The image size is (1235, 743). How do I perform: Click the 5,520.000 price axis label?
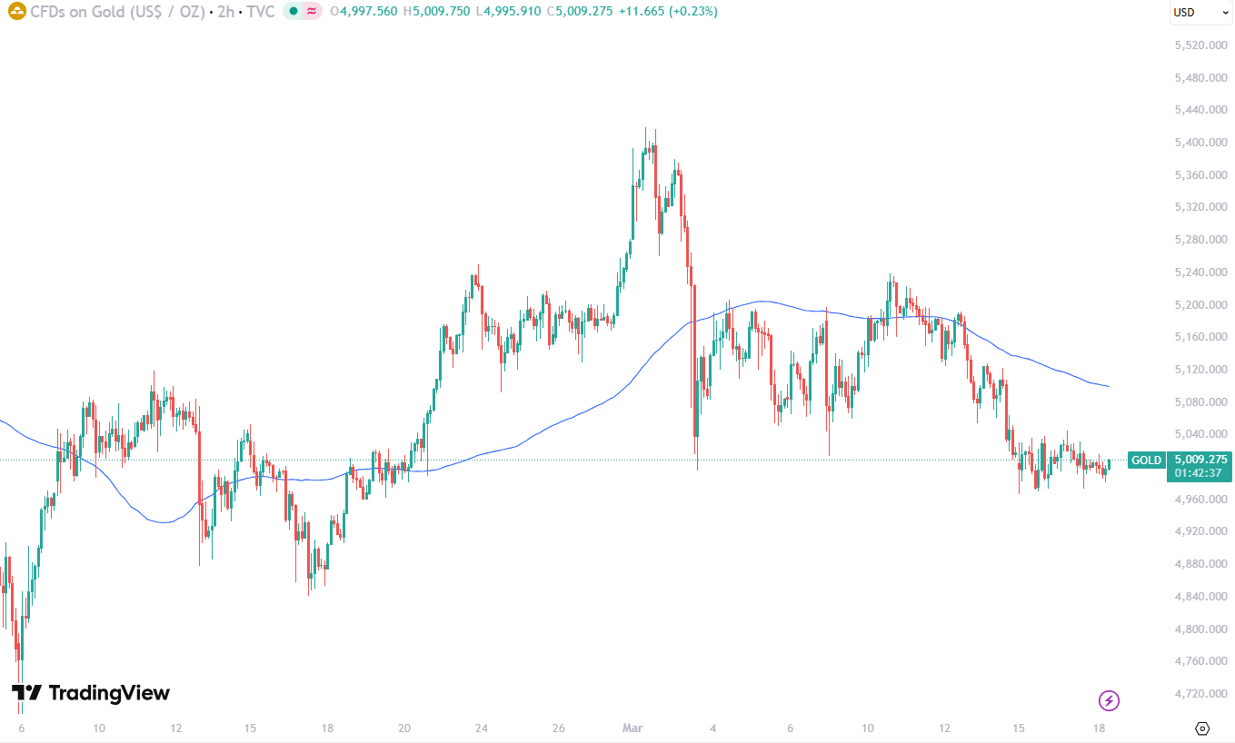1195,45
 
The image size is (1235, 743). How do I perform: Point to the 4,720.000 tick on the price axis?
1195,694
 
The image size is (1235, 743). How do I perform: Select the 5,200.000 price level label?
1195,304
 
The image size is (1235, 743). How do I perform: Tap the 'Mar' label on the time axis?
632,728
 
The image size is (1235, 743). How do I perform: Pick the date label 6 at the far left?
21,728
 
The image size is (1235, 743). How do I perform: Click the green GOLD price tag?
1146,461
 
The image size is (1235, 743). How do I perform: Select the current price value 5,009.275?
1200,460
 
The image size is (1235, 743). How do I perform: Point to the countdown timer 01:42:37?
1198,473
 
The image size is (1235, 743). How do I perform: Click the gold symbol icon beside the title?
16,12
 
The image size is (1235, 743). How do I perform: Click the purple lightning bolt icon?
1109,700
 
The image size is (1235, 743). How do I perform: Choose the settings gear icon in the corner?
1202,728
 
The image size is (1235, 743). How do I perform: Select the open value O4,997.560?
363,12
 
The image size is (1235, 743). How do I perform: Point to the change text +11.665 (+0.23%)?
667,12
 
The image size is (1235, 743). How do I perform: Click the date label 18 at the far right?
1098,728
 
